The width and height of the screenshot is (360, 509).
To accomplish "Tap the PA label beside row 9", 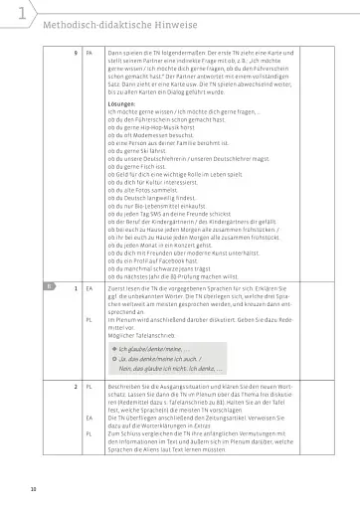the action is click(x=90, y=50).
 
